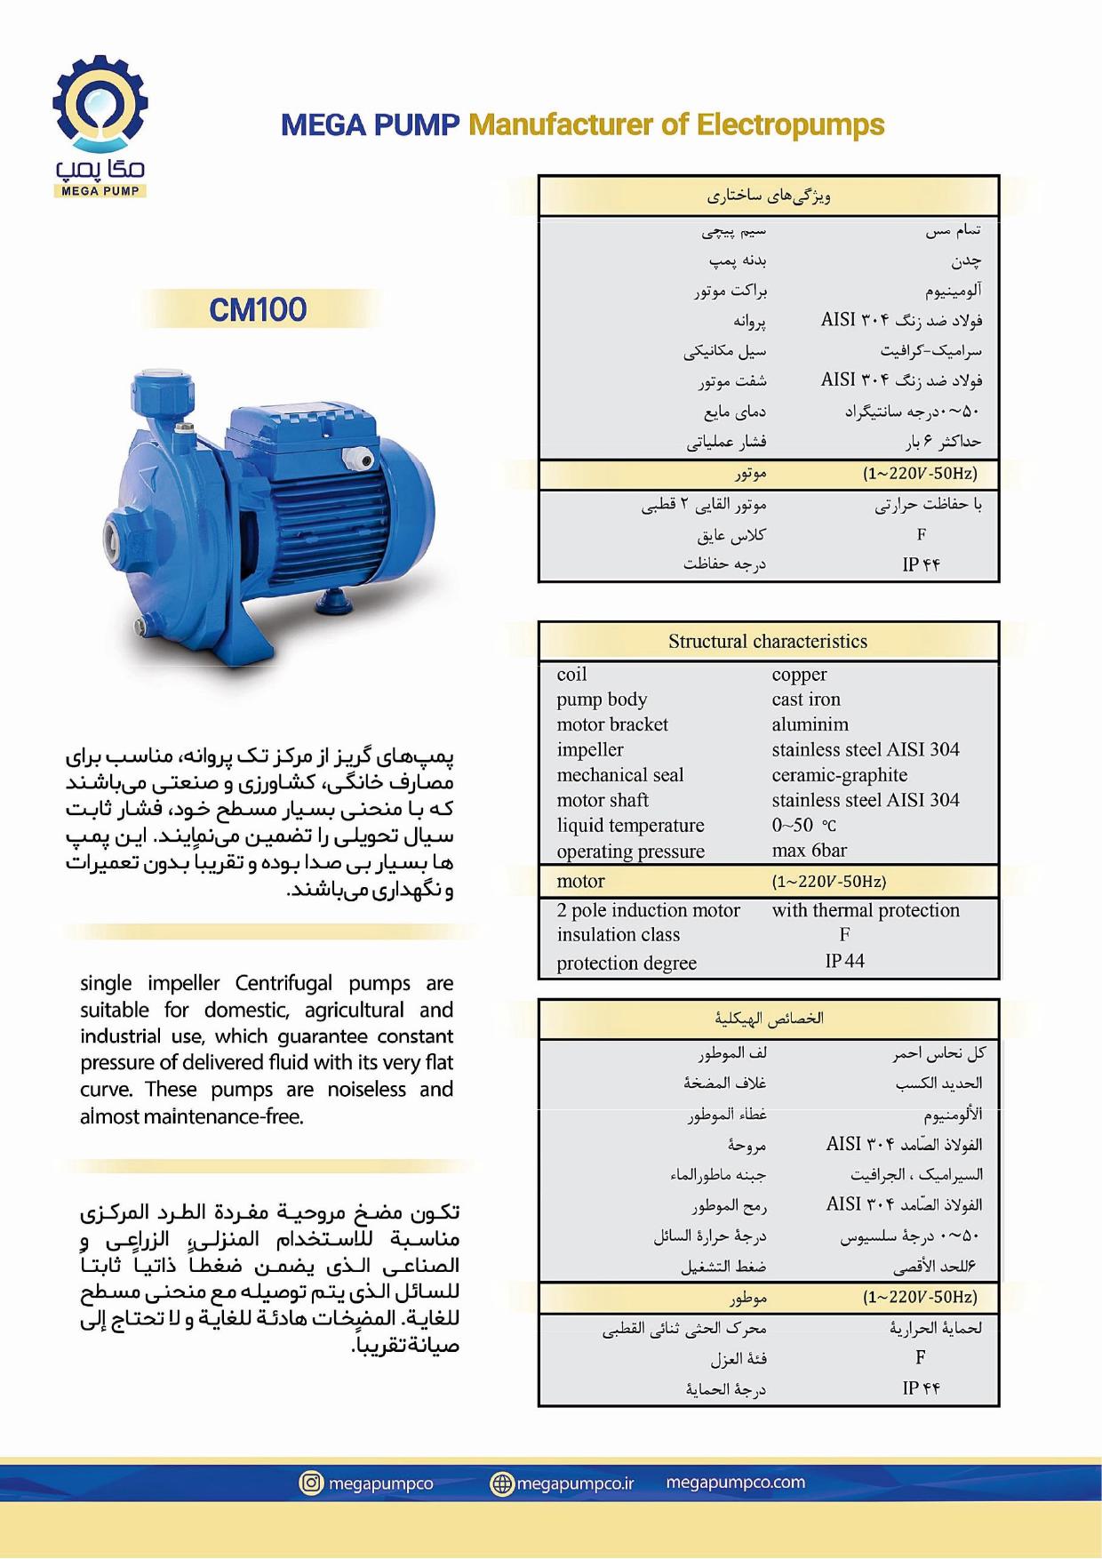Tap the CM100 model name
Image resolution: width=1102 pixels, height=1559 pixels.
[x=258, y=310]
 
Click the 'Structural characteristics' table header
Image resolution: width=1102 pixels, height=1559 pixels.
[x=768, y=642]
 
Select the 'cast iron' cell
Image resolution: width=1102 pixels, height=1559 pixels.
[x=806, y=700]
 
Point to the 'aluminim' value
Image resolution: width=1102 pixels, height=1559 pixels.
[x=810, y=724]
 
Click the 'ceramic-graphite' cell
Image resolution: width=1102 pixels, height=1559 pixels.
[x=839, y=775]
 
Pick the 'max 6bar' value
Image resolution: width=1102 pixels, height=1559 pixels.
[x=809, y=851]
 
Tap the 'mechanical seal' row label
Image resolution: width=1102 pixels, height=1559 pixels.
[x=620, y=775]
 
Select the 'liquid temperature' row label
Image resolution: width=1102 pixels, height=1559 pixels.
[x=630, y=826]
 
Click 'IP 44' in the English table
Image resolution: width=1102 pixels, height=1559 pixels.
[x=844, y=961]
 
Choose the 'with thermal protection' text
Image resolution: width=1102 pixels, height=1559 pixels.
[x=866, y=910]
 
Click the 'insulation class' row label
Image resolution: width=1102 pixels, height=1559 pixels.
[x=619, y=935]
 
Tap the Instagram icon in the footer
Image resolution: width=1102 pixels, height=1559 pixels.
[x=311, y=1483]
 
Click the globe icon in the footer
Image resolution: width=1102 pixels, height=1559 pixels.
[x=502, y=1483]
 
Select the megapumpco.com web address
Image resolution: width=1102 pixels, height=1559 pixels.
[x=735, y=1483]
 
